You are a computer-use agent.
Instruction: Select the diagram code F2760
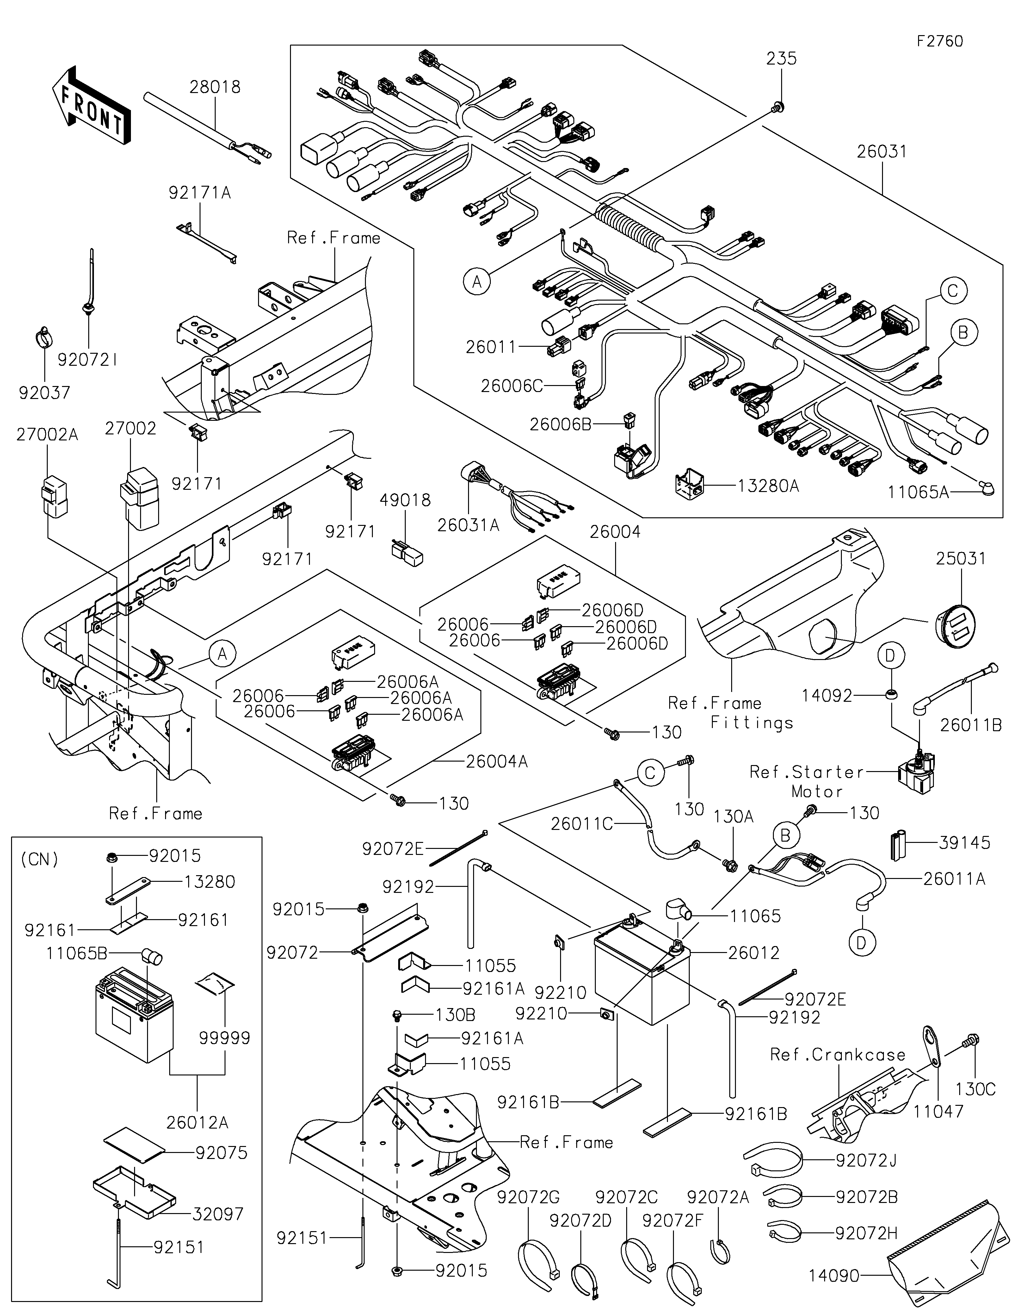point(940,41)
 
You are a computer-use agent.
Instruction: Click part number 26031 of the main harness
point(881,152)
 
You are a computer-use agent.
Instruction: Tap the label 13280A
point(768,486)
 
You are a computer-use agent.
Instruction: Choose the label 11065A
point(917,492)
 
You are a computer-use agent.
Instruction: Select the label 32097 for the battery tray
point(219,1214)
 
